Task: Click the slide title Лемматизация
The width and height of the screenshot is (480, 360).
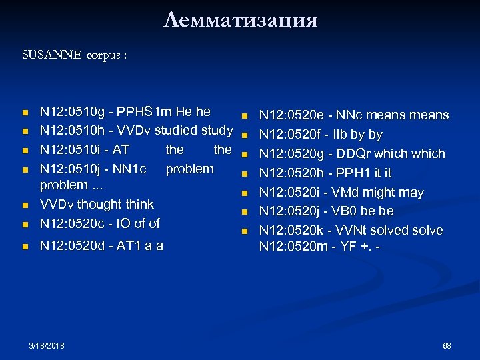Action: pyautogui.click(x=240, y=19)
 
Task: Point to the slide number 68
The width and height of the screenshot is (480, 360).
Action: pyautogui.click(x=447, y=345)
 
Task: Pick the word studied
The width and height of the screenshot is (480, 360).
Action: pyautogui.click(x=182, y=129)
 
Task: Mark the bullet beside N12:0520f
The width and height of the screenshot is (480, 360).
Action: pyautogui.click(x=245, y=135)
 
